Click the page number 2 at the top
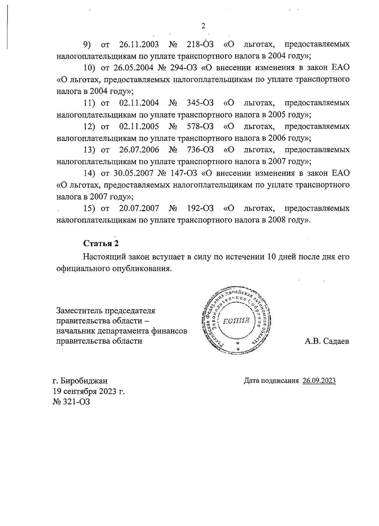[x=203, y=26]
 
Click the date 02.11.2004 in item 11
[x=139, y=103]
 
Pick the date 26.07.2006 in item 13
[x=139, y=150]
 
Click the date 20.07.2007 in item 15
[x=139, y=209]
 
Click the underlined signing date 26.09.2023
[x=319, y=381]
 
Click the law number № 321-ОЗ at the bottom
[x=71, y=402]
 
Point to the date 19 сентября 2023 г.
[x=89, y=391]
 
